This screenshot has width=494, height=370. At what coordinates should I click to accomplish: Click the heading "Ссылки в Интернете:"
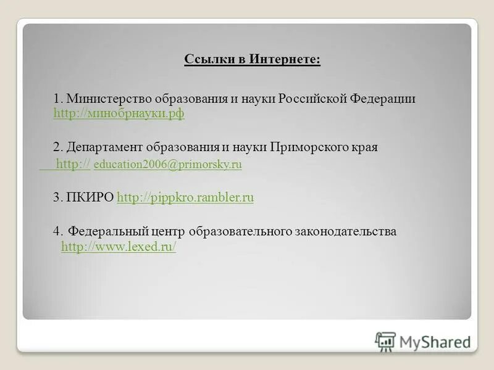(x=253, y=59)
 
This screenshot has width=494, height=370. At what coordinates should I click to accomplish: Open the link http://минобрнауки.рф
(x=119, y=113)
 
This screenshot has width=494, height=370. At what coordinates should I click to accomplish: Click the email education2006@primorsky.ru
(x=167, y=165)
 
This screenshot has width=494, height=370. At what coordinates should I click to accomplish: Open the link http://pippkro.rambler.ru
(x=185, y=197)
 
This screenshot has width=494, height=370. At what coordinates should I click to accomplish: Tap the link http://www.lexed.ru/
(x=119, y=247)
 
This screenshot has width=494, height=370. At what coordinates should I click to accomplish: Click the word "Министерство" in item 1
(x=101, y=99)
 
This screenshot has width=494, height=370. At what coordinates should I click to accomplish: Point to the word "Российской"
(x=312, y=99)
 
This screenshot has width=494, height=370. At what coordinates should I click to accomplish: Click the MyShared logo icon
(x=385, y=341)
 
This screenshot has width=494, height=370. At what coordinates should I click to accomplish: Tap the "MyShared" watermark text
(x=435, y=342)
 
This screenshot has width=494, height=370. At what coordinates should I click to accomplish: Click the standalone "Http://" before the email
(x=73, y=164)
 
